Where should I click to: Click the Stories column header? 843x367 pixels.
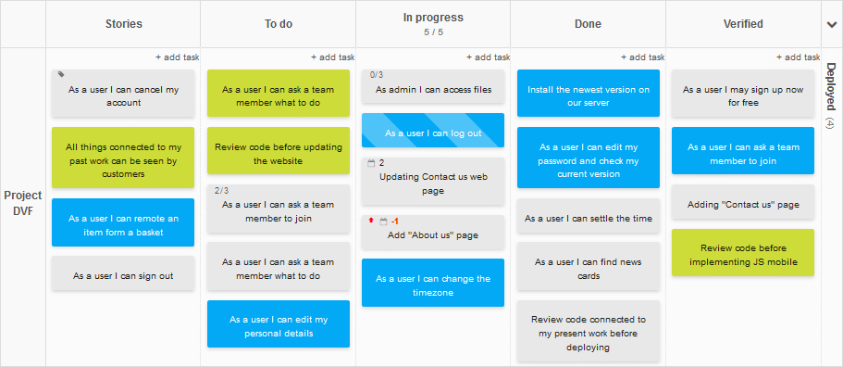[123, 24]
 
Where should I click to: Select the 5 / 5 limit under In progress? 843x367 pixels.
[433, 32]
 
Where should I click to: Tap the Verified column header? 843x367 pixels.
[743, 24]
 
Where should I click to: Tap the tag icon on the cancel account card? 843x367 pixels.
[61, 74]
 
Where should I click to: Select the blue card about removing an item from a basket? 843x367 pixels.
[123, 224]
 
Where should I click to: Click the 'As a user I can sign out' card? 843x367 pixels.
[123, 275]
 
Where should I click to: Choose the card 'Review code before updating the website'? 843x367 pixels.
[279, 153]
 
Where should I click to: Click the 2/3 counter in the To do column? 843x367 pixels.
[221, 191]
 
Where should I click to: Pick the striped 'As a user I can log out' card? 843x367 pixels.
[433, 133]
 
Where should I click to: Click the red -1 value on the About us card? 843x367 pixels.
[394, 221]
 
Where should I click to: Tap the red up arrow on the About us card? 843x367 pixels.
[371, 221]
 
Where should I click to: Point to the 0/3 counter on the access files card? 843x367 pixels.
[377, 75]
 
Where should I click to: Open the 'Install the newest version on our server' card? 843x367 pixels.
[589, 95]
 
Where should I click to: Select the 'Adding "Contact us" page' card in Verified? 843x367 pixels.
[743, 204]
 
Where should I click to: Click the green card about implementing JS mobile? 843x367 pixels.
[743, 254]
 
